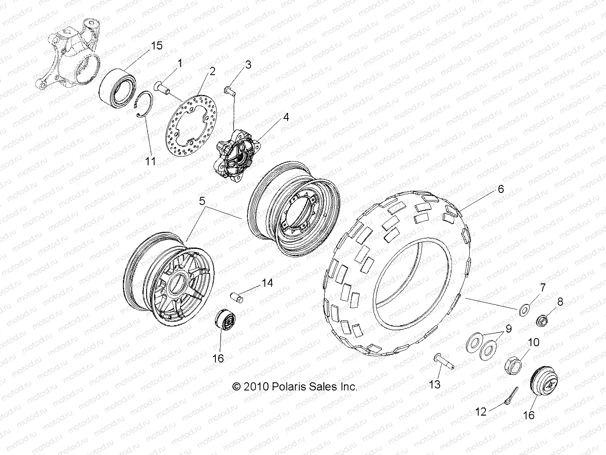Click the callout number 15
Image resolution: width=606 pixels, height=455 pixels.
(x=157, y=45)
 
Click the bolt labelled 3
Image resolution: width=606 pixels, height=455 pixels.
(x=230, y=90)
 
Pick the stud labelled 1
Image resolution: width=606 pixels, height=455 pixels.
(x=163, y=87)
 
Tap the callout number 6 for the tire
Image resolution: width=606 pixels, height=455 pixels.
(x=501, y=189)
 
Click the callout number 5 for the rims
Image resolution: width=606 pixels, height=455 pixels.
(x=202, y=201)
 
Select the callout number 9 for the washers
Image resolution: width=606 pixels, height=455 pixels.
(x=508, y=329)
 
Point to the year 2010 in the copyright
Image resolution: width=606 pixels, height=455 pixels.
(x=256, y=387)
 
